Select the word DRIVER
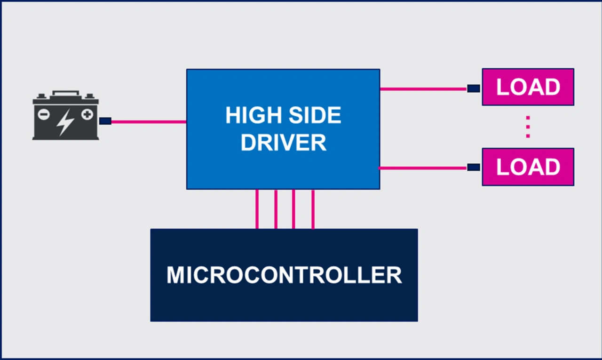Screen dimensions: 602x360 click(x=284, y=143)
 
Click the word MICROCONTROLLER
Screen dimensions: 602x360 click(x=285, y=275)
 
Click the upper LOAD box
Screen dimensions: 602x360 click(x=528, y=87)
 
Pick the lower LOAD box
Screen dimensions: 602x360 click(x=528, y=167)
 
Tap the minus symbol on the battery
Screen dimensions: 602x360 click(x=44, y=114)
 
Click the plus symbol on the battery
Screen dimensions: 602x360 click(x=87, y=114)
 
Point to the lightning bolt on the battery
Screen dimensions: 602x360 click(x=65, y=122)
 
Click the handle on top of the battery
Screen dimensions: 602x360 click(x=66, y=93)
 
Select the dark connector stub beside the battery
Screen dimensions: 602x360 click(x=105, y=121)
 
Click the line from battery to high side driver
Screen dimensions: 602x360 click(x=149, y=122)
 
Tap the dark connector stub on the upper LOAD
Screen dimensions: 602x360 click(x=474, y=88)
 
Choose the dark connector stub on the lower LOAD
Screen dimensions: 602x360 click(x=474, y=167)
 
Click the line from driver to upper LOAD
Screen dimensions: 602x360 click(x=424, y=89)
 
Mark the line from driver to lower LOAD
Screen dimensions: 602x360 click(x=423, y=168)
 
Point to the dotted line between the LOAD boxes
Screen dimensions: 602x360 click(x=528, y=127)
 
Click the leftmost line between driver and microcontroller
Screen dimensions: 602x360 click(x=257, y=209)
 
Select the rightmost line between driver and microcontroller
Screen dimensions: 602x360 click(x=313, y=209)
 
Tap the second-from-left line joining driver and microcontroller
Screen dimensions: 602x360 click(x=276, y=209)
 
